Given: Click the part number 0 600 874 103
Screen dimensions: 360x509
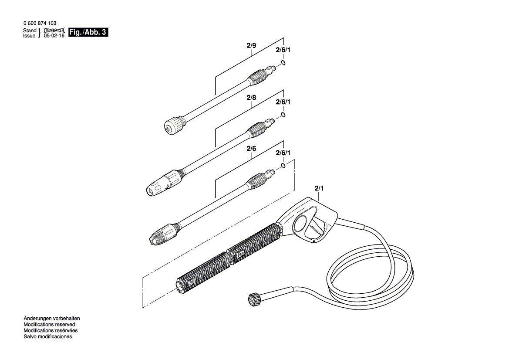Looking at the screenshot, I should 39,24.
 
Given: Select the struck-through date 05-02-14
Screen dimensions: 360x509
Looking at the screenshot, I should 54,31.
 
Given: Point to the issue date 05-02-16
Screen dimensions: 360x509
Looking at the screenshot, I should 54,36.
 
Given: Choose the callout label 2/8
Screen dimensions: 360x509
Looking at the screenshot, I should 251,98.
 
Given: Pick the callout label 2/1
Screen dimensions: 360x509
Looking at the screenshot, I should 319,188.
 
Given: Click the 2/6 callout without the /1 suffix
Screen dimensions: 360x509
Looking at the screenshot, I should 251,149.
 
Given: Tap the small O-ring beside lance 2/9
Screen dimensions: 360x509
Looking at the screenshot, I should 283,64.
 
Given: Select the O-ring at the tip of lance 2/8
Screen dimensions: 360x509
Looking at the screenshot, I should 283,115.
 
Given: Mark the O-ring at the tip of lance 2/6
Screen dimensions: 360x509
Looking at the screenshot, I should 283,166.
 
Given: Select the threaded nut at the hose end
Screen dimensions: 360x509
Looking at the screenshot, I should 252,300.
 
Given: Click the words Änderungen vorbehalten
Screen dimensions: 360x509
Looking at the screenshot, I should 51,319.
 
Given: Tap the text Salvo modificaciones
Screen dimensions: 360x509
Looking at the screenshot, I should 47,336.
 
